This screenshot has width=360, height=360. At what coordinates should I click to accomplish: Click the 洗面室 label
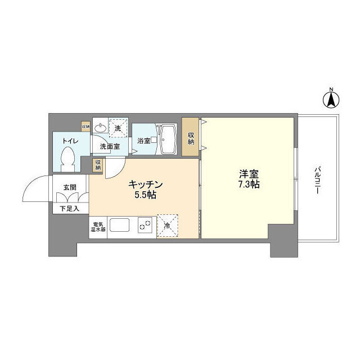click(x=110, y=147)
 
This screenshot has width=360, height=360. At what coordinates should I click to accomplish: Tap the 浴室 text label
click(x=143, y=141)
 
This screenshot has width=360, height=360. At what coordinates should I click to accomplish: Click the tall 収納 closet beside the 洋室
click(x=191, y=138)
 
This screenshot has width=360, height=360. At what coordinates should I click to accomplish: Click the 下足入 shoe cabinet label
click(x=70, y=208)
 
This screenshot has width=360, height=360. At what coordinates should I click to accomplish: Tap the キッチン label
click(x=146, y=184)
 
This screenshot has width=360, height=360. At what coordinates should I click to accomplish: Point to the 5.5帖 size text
click(x=146, y=195)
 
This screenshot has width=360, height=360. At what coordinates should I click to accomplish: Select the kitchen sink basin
click(x=120, y=226)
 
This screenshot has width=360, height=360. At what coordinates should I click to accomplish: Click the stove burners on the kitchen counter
click(x=145, y=225)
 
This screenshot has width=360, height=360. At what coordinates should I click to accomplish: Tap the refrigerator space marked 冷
click(x=167, y=225)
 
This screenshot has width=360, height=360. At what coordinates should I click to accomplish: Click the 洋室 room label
click(x=247, y=173)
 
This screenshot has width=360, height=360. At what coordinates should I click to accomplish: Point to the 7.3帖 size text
click(x=247, y=184)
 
